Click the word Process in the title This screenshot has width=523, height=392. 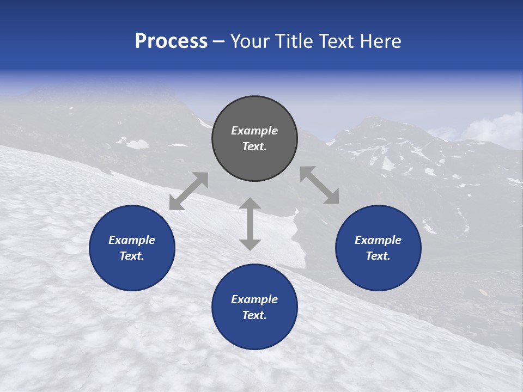click(x=171, y=41)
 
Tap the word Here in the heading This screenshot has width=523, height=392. click(x=380, y=41)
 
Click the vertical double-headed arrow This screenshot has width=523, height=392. click(x=250, y=224)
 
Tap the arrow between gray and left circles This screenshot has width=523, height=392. click(x=188, y=191)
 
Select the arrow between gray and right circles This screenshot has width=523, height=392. click(x=319, y=185)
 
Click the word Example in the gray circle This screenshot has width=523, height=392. click(x=254, y=131)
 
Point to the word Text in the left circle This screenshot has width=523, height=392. click(x=132, y=256)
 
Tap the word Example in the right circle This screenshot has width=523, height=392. click(x=378, y=240)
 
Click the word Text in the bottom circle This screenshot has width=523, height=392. click(x=254, y=315)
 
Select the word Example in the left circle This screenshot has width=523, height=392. click(x=132, y=240)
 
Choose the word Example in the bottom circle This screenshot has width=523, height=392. click(x=254, y=299)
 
